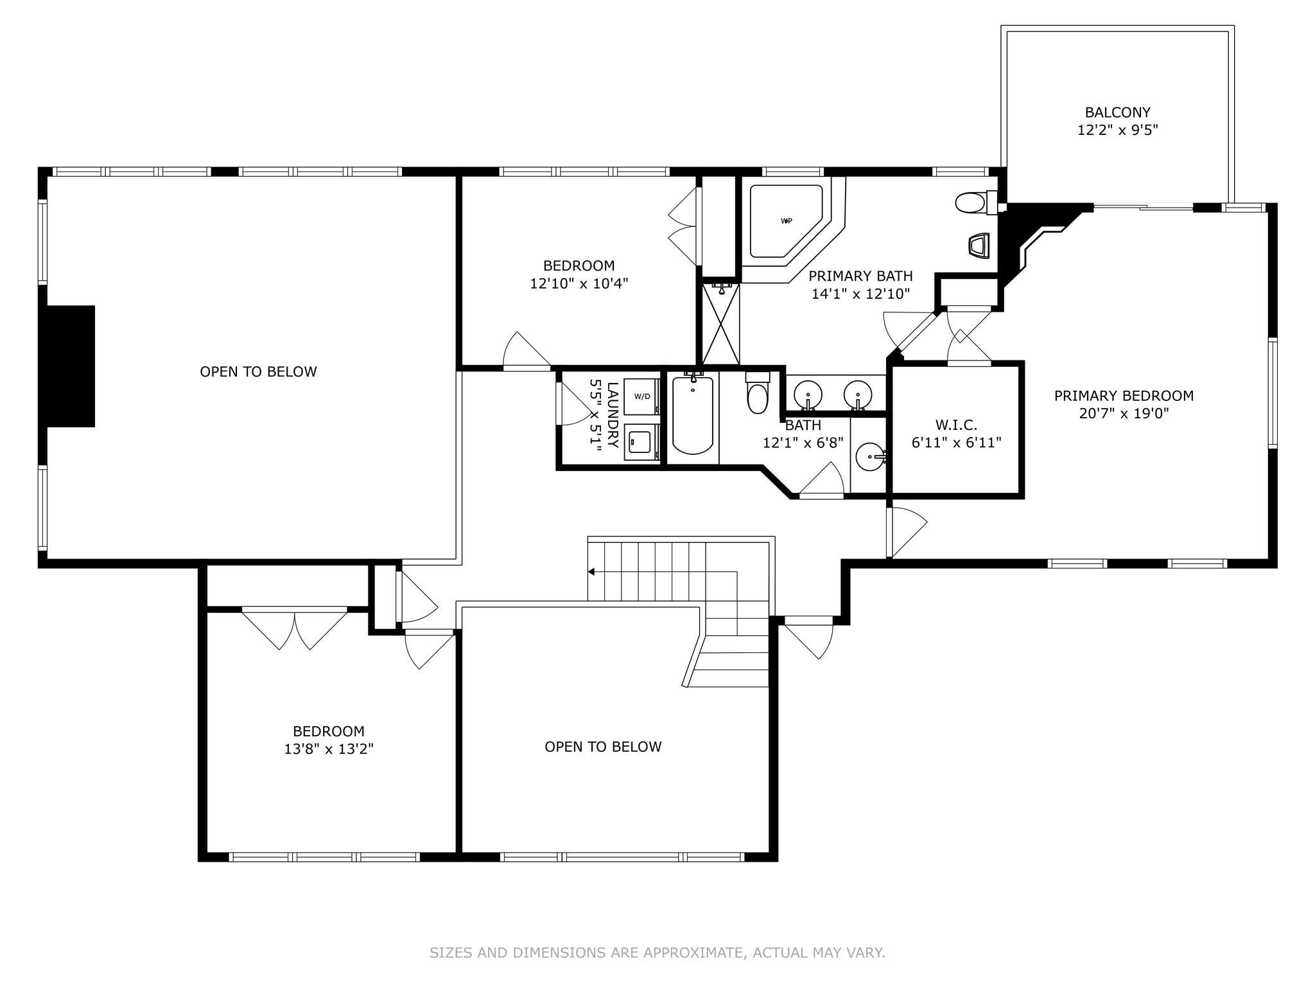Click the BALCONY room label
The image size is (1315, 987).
1117,112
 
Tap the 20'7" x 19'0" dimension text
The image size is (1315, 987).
1124,413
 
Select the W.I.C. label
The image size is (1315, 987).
956,425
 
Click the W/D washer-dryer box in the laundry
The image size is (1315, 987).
641,396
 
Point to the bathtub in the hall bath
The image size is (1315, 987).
692,416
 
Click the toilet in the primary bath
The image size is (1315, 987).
972,204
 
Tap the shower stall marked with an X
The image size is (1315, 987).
721,325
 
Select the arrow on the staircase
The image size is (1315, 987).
591,571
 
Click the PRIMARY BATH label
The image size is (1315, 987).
860,276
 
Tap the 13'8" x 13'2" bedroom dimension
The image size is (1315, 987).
329,749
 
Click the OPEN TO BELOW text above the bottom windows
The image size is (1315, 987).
603,747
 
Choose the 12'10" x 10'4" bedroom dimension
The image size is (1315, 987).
579,283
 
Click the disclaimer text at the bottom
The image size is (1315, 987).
657,952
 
